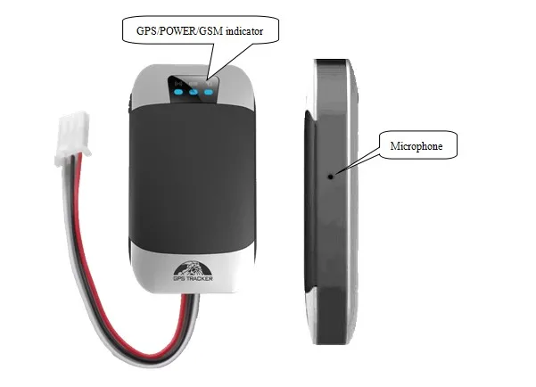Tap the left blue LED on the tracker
click(179, 90)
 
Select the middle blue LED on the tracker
click(194, 90)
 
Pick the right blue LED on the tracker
click(210, 90)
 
